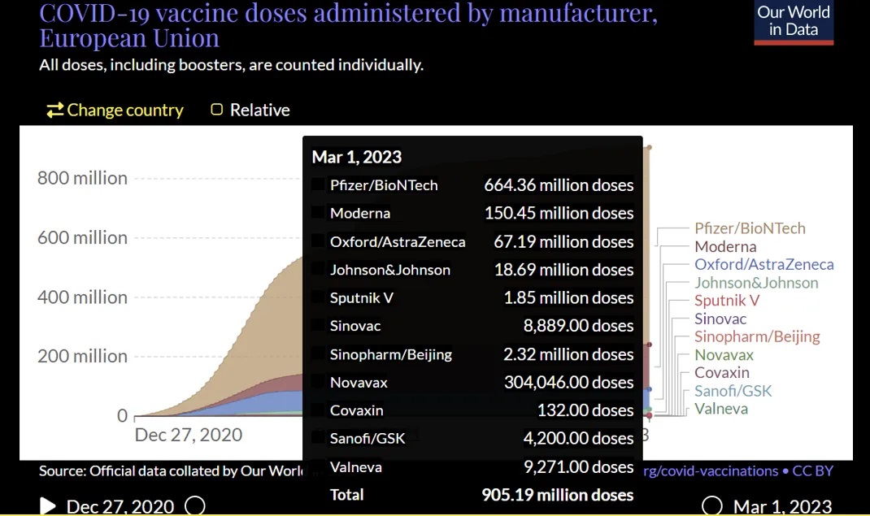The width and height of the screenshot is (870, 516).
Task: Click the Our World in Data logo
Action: [793, 22]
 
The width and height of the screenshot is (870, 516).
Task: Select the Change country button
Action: [115, 111]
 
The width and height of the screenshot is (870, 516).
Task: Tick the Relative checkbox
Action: [217, 110]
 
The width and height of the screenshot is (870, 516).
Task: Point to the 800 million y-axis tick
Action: [82, 178]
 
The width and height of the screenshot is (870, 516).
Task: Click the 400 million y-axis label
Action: [82, 297]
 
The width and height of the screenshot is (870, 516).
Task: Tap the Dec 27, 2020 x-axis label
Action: [188, 435]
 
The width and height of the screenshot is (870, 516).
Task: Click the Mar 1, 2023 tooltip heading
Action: [356, 157]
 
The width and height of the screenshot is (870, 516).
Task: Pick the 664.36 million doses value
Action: [558, 185]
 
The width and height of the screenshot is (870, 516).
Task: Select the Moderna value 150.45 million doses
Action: [558, 213]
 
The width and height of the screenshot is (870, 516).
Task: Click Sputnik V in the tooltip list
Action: [361, 297]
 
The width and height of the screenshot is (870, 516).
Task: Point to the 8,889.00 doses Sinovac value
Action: [578, 326]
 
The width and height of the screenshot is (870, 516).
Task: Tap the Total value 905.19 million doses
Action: [557, 495]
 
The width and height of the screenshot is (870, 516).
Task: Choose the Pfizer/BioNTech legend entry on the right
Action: [750, 228]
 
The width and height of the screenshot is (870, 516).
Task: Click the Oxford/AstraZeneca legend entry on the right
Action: [763, 264]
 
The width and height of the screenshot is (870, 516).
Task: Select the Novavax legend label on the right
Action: [724, 354]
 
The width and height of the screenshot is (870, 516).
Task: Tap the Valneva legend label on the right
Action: [720, 408]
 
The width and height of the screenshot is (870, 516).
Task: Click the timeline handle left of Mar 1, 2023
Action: [711, 506]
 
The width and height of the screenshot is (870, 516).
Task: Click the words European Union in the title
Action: [129, 38]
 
